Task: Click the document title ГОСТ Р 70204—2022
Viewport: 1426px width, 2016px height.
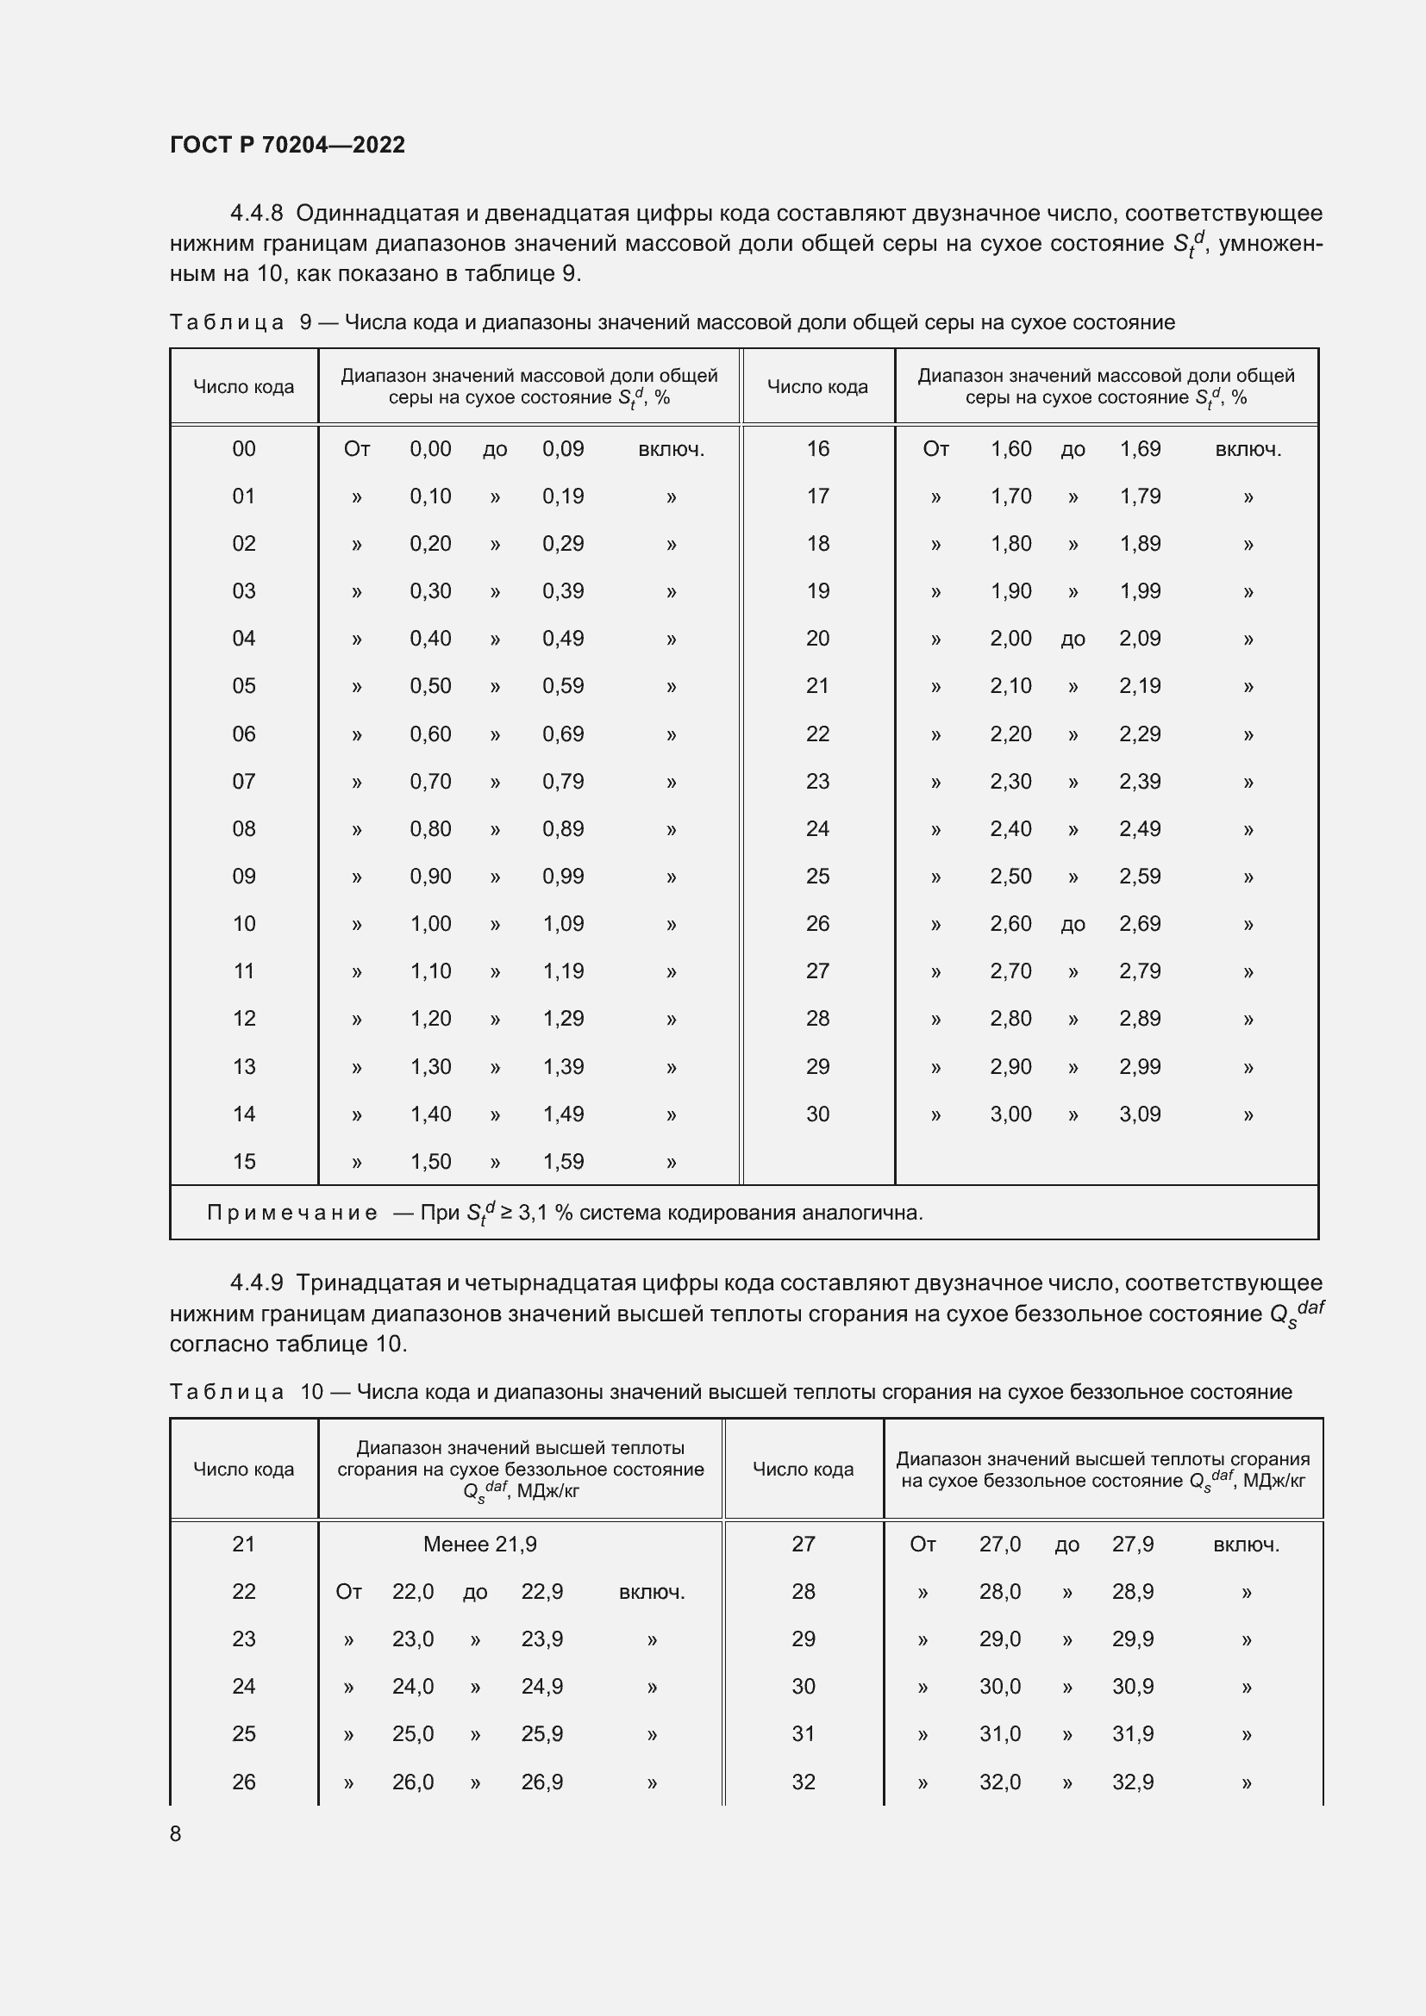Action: click(287, 145)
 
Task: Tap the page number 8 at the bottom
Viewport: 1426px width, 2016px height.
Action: click(176, 1833)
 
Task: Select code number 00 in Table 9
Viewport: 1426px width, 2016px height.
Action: click(243, 449)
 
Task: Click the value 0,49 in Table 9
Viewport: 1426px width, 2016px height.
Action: click(563, 639)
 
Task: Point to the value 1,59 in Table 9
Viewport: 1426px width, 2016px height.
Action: click(563, 1161)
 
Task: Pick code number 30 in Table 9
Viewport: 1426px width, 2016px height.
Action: click(816, 1114)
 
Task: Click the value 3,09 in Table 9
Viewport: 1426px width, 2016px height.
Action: click(1139, 1114)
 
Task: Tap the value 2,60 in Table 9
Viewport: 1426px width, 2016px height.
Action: click(1010, 924)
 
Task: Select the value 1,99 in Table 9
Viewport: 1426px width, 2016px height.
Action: click(1139, 591)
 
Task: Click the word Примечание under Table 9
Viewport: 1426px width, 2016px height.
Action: click(291, 1213)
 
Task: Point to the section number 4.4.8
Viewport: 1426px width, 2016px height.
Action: click(256, 214)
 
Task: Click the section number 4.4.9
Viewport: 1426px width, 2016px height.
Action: click(256, 1283)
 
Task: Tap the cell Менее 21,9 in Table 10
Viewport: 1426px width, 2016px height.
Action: click(479, 1544)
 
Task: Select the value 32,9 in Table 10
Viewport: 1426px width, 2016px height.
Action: click(1132, 1782)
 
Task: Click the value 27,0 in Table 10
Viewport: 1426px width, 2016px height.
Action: click(999, 1544)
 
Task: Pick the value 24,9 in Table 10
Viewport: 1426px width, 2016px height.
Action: click(541, 1686)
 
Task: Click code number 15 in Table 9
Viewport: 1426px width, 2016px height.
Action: click(243, 1161)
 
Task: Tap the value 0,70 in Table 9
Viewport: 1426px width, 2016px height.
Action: click(430, 782)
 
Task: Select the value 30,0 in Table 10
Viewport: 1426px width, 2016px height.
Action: click(999, 1686)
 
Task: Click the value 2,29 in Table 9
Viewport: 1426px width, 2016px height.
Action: click(1139, 734)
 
